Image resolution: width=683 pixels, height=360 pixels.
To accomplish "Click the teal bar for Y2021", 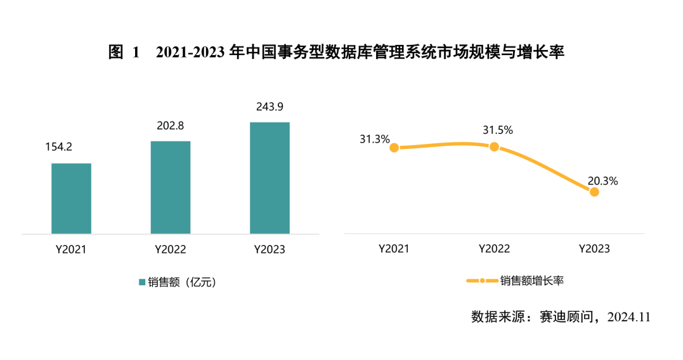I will click(71, 198).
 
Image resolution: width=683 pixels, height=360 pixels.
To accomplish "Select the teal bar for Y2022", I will click(171, 187).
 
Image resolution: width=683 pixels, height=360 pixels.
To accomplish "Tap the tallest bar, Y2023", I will click(270, 177).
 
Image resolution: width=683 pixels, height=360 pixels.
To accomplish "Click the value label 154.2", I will click(58, 147).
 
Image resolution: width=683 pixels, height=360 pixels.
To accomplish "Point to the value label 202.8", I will click(171, 125).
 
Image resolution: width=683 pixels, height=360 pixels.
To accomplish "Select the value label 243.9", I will click(270, 106).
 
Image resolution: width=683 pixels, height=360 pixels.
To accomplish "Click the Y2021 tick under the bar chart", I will click(70, 249).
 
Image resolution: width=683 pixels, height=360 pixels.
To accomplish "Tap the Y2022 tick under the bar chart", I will click(171, 249).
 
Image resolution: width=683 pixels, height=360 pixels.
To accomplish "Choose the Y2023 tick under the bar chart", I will click(270, 249).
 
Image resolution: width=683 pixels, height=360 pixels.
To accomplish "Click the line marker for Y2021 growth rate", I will click(394, 148).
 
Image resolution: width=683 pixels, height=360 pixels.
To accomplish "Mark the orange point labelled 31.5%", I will click(494, 146).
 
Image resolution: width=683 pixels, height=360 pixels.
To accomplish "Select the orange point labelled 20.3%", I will click(594, 191).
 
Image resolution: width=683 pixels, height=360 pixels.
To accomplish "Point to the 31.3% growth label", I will click(375, 139).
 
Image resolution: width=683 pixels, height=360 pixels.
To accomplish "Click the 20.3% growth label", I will click(602, 181).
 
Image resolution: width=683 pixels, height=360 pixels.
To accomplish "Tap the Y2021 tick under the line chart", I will click(394, 249).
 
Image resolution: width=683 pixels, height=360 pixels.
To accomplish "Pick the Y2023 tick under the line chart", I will click(594, 249).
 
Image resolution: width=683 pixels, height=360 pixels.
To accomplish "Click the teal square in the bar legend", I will click(142, 283).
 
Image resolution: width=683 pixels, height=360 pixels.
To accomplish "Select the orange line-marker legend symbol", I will click(482, 281).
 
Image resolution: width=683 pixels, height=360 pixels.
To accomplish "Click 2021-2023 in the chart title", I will click(190, 53).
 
